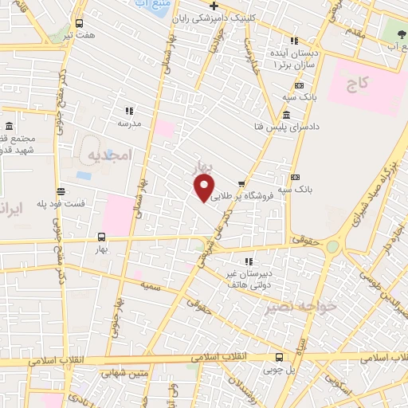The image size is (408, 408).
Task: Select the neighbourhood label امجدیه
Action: [107, 155]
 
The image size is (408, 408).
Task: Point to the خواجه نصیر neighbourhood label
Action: [295, 306]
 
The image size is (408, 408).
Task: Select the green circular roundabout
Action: [331, 247]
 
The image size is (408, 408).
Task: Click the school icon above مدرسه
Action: [128, 111]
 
